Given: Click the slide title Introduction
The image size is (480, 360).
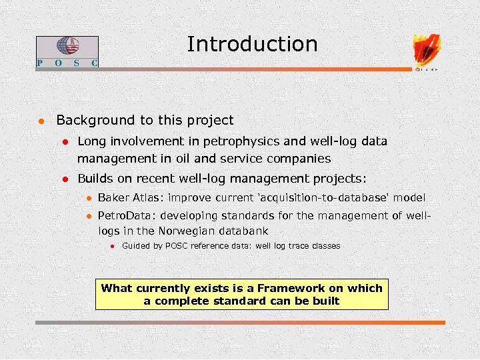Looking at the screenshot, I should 252,44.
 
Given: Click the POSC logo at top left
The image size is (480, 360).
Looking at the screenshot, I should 67,51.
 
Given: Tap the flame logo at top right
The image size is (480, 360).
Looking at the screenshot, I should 427,49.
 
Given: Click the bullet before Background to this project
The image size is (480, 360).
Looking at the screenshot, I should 41,121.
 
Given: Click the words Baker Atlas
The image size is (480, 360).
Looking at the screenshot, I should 130,198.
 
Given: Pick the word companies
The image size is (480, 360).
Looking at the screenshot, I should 298,159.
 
